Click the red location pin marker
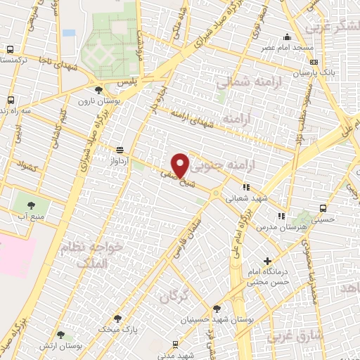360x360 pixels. click(181, 165)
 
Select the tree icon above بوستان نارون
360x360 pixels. click(98, 90)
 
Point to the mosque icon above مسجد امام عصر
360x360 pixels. click(286, 37)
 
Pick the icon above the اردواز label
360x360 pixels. click(119, 150)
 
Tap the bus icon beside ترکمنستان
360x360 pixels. click(10, 50)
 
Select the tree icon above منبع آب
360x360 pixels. click(31, 205)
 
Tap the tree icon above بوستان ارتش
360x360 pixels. click(60, 335)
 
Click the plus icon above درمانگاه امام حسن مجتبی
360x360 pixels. click(266, 261)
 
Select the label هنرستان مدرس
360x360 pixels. click(281, 230)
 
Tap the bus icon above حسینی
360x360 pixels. click(323, 209)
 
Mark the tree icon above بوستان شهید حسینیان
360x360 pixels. click(217, 308)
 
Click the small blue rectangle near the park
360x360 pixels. click(68, 32)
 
